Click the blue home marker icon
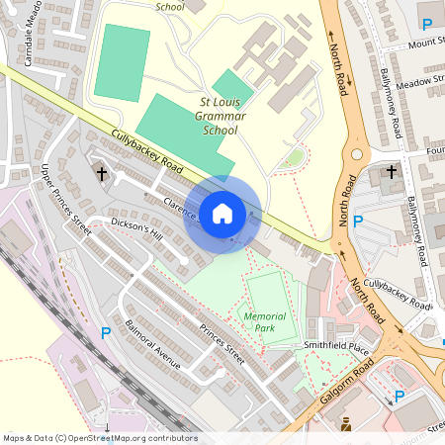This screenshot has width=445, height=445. pyautogui.click(x=222, y=214)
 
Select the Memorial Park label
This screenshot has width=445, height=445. pyautogui.click(x=264, y=322)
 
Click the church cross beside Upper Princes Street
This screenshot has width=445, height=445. pyautogui.click(x=101, y=174)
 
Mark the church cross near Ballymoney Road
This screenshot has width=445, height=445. pyautogui.click(x=391, y=173)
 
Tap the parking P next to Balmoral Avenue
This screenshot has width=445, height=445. pyautogui.click(x=105, y=333)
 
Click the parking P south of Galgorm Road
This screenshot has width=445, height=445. pyautogui.click(x=400, y=397)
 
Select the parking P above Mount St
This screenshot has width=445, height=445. pyautogui.click(x=427, y=24)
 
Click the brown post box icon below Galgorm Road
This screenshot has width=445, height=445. pyautogui.click(x=346, y=425)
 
